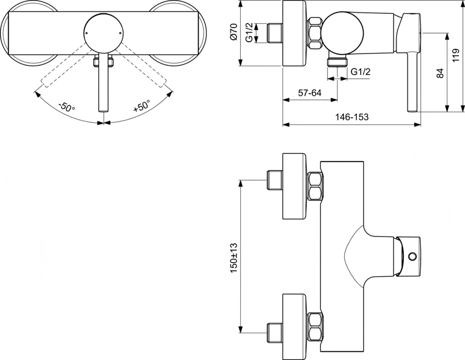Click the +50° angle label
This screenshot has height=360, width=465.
[x=141, y=106]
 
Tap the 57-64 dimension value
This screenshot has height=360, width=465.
[x=310, y=93]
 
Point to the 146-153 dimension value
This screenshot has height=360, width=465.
[x=352, y=117]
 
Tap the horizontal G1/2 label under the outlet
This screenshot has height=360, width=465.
[x=361, y=73]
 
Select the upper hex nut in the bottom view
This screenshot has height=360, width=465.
[x=315, y=187]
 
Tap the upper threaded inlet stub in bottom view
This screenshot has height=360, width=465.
[x=274, y=179]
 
